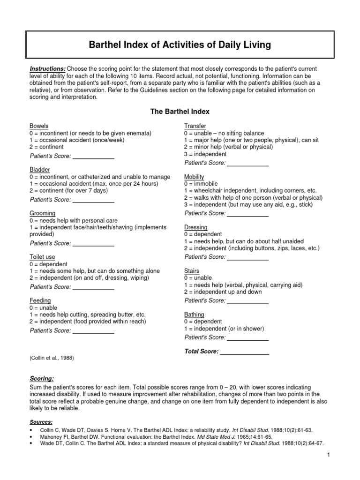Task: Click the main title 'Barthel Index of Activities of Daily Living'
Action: (x=180, y=45)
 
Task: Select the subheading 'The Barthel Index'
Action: (x=180, y=112)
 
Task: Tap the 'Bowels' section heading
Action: (x=39, y=126)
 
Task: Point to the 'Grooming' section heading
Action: (x=43, y=213)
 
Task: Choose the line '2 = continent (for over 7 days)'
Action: (x=68, y=191)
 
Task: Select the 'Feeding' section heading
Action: (x=40, y=300)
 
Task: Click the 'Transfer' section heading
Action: (x=195, y=126)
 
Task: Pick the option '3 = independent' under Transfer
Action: (x=205, y=154)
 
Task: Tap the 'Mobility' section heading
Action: (x=194, y=177)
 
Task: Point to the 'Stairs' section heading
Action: (x=192, y=271)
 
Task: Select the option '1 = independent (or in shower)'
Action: (x=224, y=329)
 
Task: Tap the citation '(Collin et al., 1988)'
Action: (x=52, y=358)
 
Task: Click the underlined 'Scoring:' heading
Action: (x=42, y=378)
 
